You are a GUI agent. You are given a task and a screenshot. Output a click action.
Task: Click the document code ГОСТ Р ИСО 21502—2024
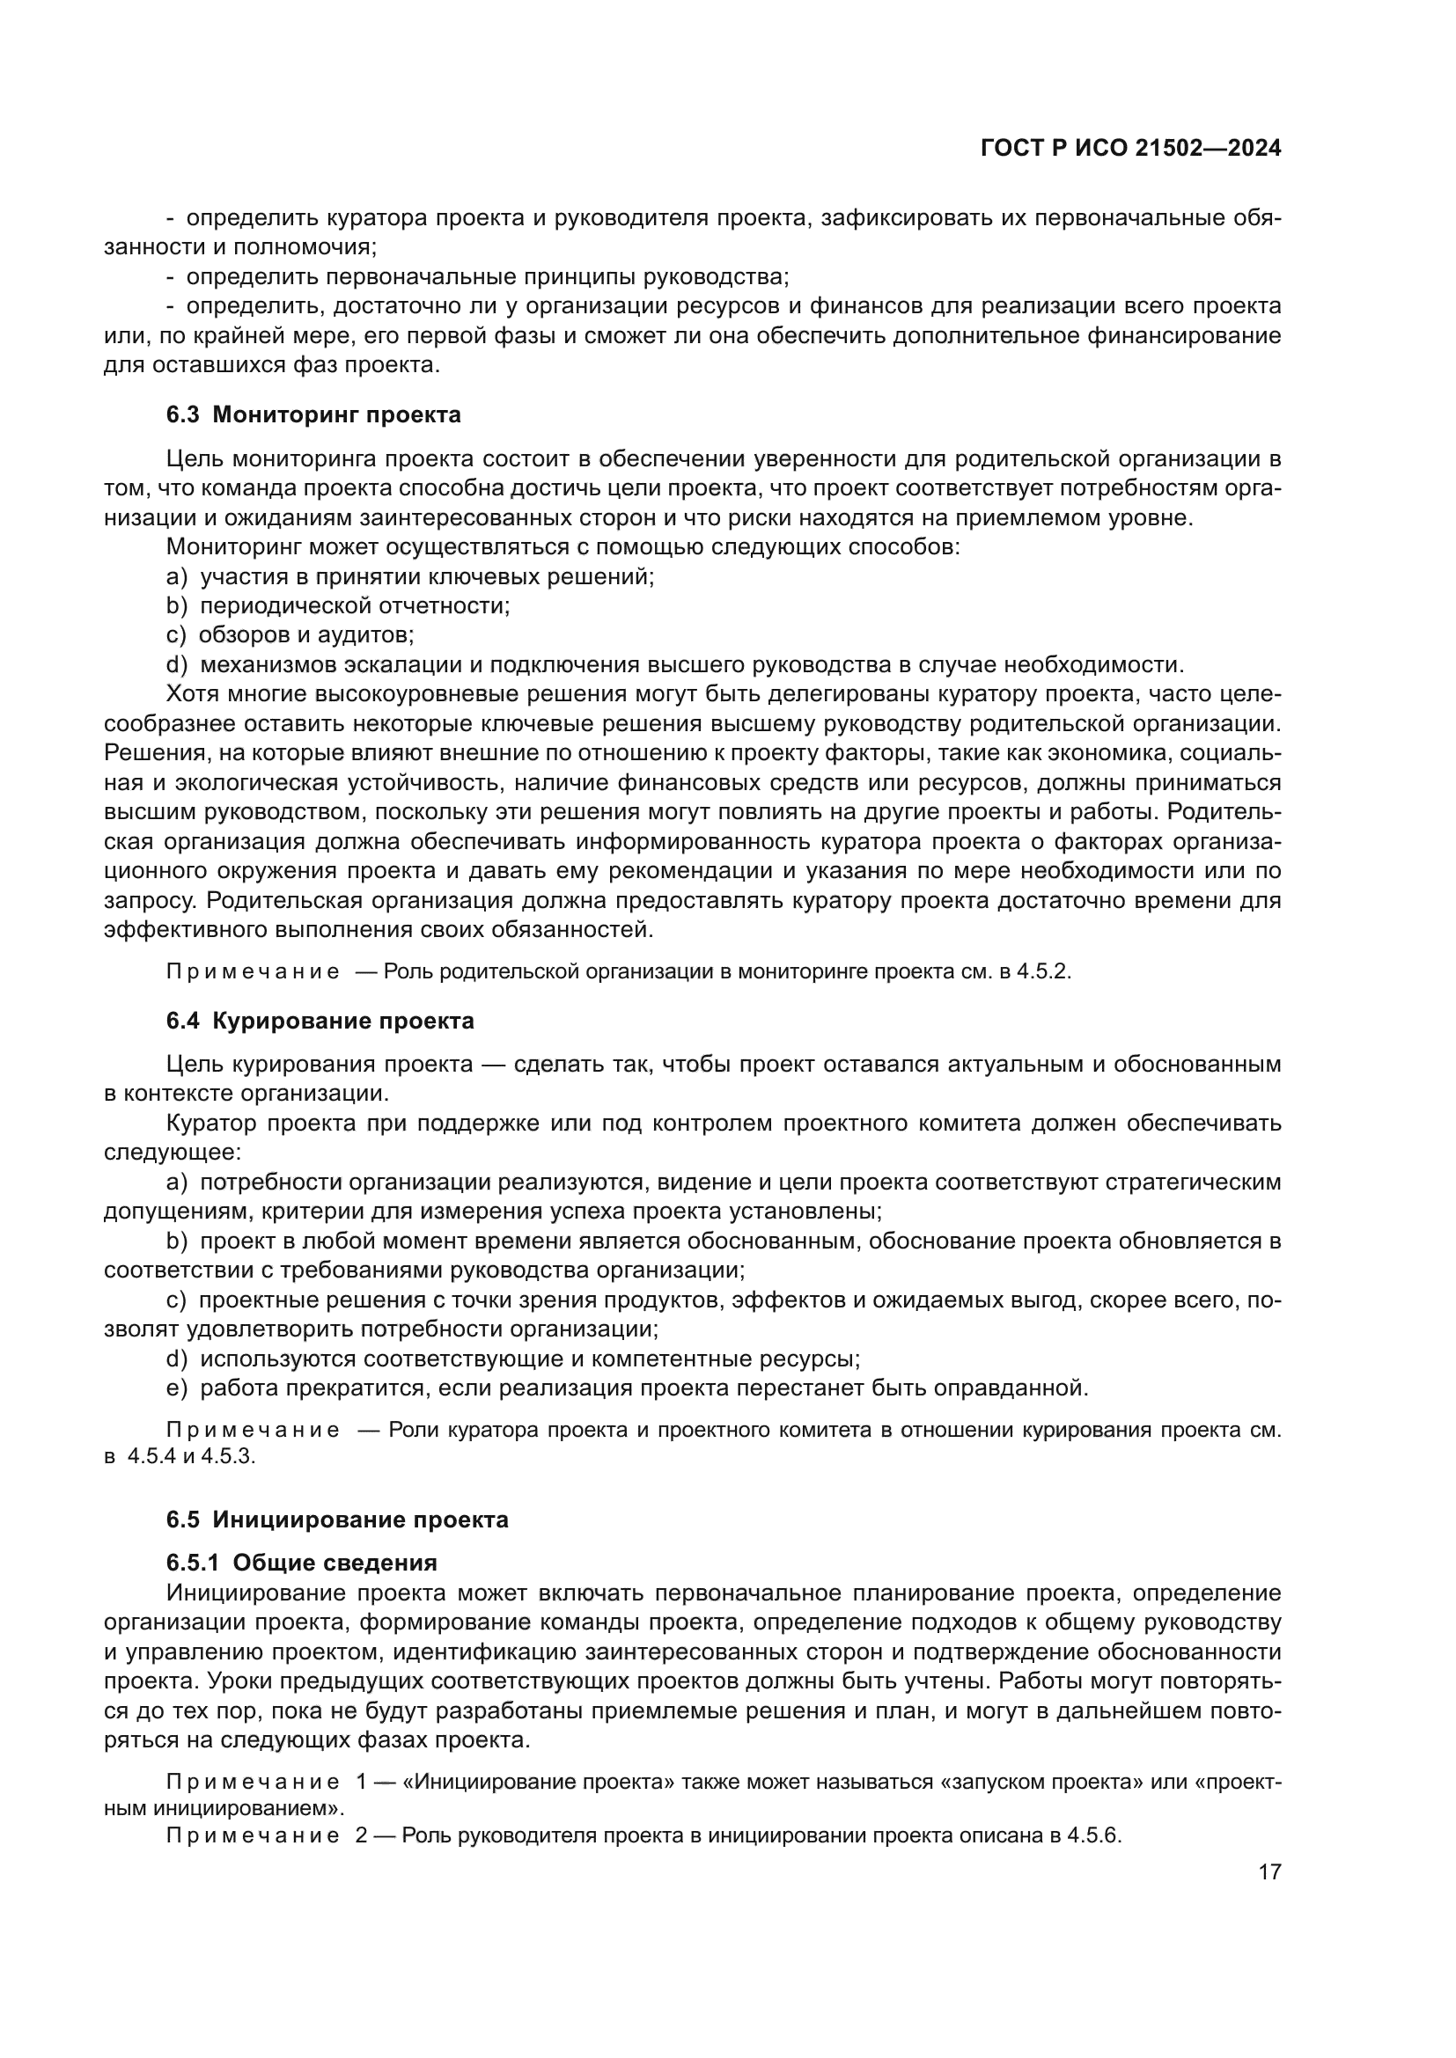tap(1130, 149)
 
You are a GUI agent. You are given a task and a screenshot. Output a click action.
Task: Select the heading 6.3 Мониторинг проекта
tap(313, 414)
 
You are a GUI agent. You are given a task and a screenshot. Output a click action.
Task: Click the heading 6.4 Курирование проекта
tap(320, 1021)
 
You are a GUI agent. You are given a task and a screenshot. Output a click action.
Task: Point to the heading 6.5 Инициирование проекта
tap(337, 1520)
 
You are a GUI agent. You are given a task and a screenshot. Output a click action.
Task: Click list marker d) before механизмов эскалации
tap(177, 664)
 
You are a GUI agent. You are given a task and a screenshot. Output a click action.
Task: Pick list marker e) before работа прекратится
tap(177, 1388)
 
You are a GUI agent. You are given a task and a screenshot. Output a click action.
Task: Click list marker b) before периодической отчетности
tap(177, 605)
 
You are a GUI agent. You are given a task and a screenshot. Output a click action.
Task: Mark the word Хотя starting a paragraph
tap(192, 693)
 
